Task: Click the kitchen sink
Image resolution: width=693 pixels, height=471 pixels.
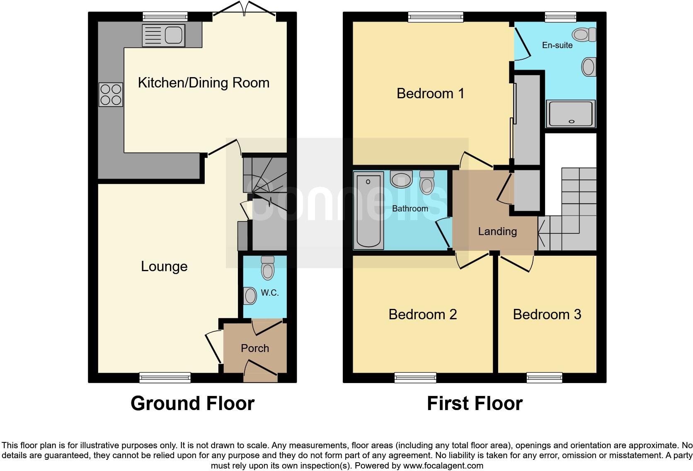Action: coord(163,35)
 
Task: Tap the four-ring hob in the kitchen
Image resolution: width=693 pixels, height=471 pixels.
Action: coord(111,95)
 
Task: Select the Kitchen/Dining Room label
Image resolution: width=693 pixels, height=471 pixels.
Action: coord(204,83)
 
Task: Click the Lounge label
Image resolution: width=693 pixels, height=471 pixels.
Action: coord(164,266)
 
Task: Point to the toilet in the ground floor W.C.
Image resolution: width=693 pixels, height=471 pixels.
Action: coord(268,268)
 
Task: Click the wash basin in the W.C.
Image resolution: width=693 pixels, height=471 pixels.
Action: coord(250,296)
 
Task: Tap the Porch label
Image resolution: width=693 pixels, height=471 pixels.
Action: coord(255,348)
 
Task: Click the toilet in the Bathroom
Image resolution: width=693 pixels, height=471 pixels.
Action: coord(426,182)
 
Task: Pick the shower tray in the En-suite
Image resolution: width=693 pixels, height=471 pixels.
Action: coord(571,114)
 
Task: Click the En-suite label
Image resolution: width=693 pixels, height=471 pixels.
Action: coord(557,45)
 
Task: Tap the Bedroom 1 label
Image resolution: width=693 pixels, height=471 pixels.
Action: coord(430,94)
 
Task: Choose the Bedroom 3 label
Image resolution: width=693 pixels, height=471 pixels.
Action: coord(547,315)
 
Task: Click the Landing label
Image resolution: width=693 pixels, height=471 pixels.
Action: coord(497,231)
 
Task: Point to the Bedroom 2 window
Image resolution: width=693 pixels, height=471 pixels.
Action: coord(415,377)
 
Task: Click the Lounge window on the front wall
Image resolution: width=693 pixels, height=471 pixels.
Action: coord(165,377)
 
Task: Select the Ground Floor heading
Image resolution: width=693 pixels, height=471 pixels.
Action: coord(192,403)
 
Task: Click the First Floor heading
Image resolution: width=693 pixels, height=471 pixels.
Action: coord(475,403)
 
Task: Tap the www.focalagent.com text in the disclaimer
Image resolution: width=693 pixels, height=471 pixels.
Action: coord(443,466)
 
